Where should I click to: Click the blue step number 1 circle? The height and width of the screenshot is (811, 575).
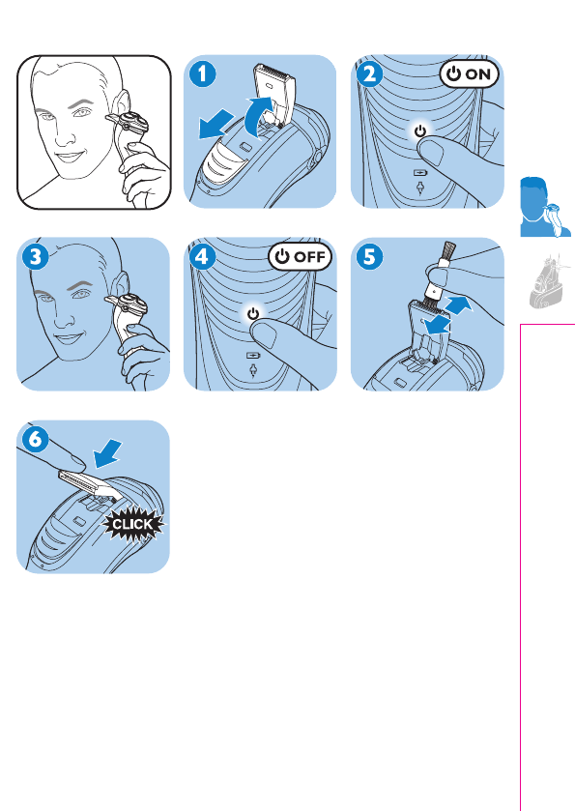click(x=203, y=74)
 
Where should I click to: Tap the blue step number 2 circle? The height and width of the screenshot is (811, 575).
click(x=370, y=74)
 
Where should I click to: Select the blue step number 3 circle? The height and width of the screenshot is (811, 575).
click(x=36, y=257)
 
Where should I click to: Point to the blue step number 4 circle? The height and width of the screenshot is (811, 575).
click(x=203, y=257)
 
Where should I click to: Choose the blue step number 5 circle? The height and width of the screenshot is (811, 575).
click(x=370, y=257)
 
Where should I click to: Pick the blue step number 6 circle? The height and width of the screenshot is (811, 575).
click(x=36, y=440)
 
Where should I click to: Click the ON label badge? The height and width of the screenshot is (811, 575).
click(x=469, y=74)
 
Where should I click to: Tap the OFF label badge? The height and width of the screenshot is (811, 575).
click(x=300, y=256)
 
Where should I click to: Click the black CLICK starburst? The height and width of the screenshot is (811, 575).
click(x=133, y=525)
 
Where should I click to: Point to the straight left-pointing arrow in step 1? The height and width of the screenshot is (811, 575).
click(x=216, y=124)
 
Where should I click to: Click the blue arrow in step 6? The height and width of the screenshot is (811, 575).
click(x=107, y=452)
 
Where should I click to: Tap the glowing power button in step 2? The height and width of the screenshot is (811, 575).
click(x=420, y=130)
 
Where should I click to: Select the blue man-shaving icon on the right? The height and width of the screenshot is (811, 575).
click(x=544, y=207)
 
